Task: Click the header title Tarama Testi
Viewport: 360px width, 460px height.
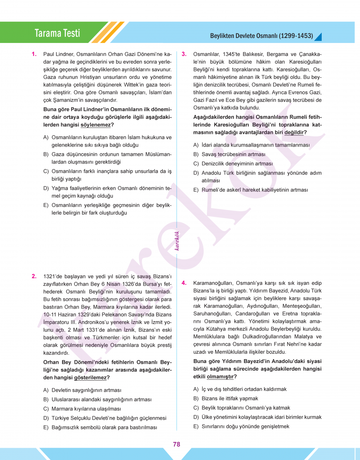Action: (x=57, y=33)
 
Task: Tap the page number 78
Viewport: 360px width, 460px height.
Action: (x=176, y=444)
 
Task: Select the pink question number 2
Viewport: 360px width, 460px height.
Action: (x=34, y=276)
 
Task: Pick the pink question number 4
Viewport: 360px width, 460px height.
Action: (x=184, y=283)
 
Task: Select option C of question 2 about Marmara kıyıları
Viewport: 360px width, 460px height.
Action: (x=86, y=409)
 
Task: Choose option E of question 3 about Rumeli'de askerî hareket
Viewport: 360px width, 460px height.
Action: (x=255, y=190)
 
